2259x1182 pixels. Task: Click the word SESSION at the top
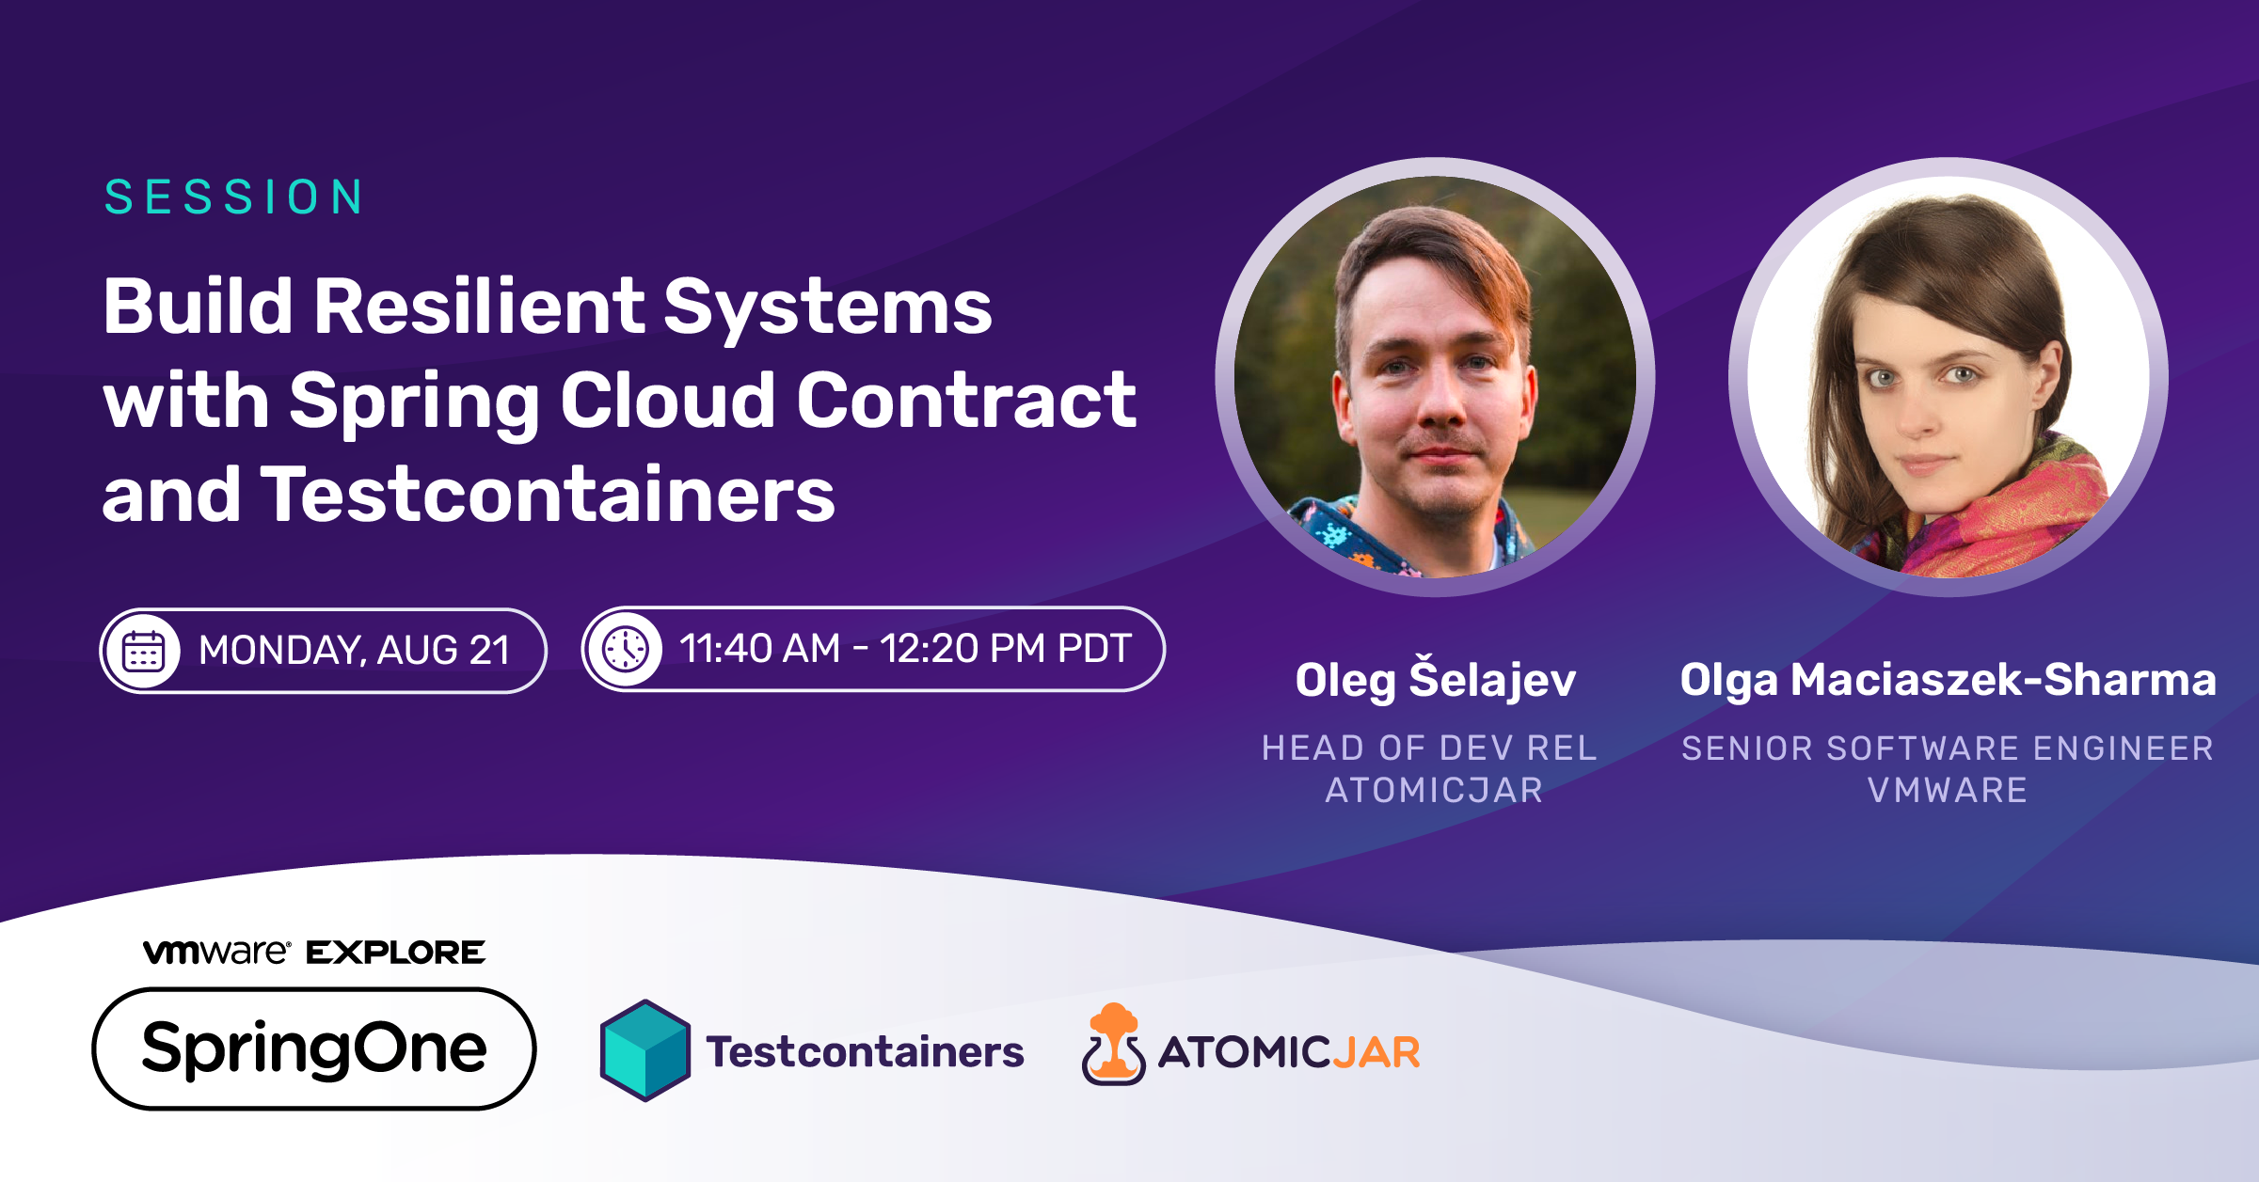(x=234, y=197)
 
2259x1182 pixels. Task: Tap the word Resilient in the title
(x=477, y=307)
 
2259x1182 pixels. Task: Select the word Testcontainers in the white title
(x=548, y=495)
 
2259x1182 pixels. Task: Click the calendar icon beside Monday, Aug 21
(x=143, y=651)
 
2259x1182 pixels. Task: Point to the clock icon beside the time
(x=626, y=649)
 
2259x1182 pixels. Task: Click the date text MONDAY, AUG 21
(x=355, y=651)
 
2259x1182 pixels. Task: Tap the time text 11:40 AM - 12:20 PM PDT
(x=905, y=649)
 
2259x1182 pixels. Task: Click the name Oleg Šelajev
(x=1435, y=679)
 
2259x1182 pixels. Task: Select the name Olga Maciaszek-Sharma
(x=1948, y=680)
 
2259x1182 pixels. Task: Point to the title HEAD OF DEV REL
(x=1429, y=748)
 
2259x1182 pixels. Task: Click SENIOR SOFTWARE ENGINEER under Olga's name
(x=1948, y=748)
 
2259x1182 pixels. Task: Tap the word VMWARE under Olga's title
(x=1948, y=790)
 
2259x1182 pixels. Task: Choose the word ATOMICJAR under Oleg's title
(x=1434, y=790)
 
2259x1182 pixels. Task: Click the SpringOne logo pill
(x=314, y=1048)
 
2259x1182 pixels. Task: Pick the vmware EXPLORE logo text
(x=314, y=953)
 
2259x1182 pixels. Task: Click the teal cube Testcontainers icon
(x=645, y=1050)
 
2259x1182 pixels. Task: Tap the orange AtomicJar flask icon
(x=1113, y=1045)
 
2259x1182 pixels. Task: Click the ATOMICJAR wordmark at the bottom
(x=1289, y=1052)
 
